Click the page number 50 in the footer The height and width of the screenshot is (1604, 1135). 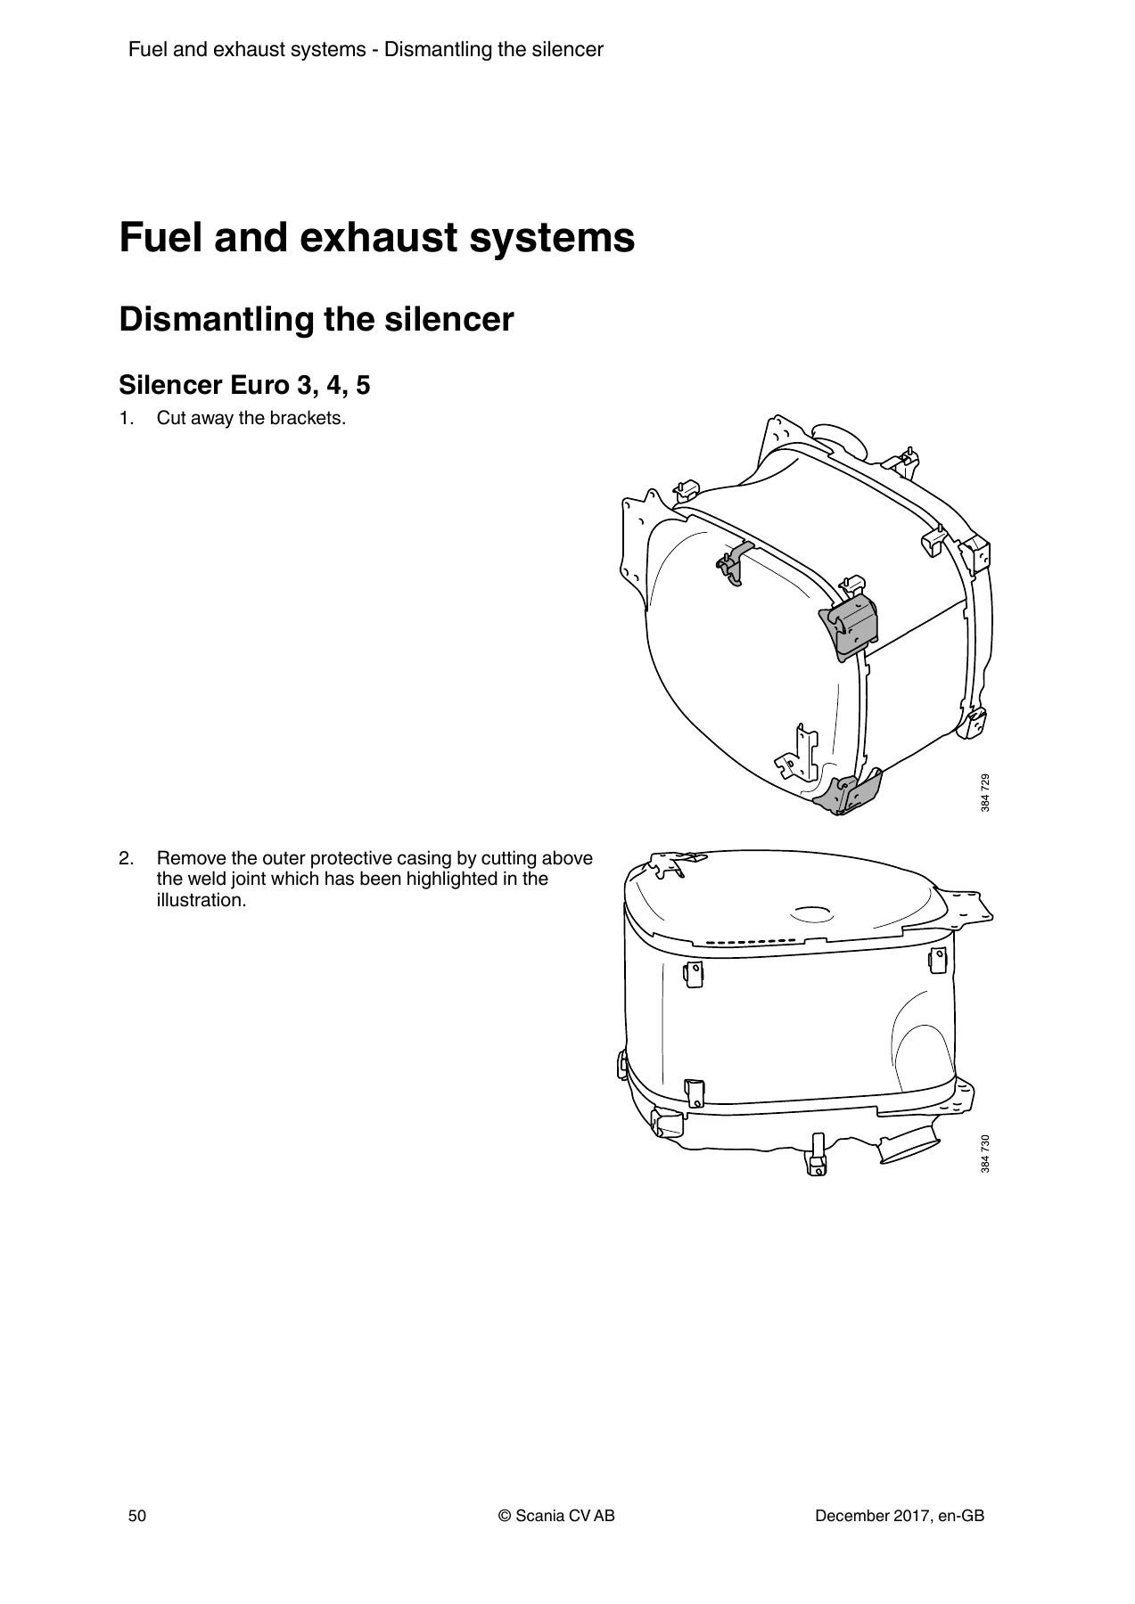click(136, 1516)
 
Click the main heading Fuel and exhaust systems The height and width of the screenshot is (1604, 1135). click(377, 238)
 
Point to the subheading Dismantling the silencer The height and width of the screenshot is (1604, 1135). click(317, 319)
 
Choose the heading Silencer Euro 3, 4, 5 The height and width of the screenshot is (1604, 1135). click(244, 386)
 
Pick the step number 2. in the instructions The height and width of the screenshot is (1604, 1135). click(127, 859)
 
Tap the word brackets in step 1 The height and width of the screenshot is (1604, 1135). click(312, 418)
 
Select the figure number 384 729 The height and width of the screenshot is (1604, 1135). click(984, 792)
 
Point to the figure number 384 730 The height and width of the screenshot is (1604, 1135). click(984, 1153)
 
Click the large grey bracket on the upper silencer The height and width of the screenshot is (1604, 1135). click(850, 626)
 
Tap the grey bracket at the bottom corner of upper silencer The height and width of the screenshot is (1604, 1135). click(847, 791)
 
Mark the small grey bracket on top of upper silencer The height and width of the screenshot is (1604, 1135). click(736, 563)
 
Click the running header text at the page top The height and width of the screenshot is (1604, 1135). click(366, 50)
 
